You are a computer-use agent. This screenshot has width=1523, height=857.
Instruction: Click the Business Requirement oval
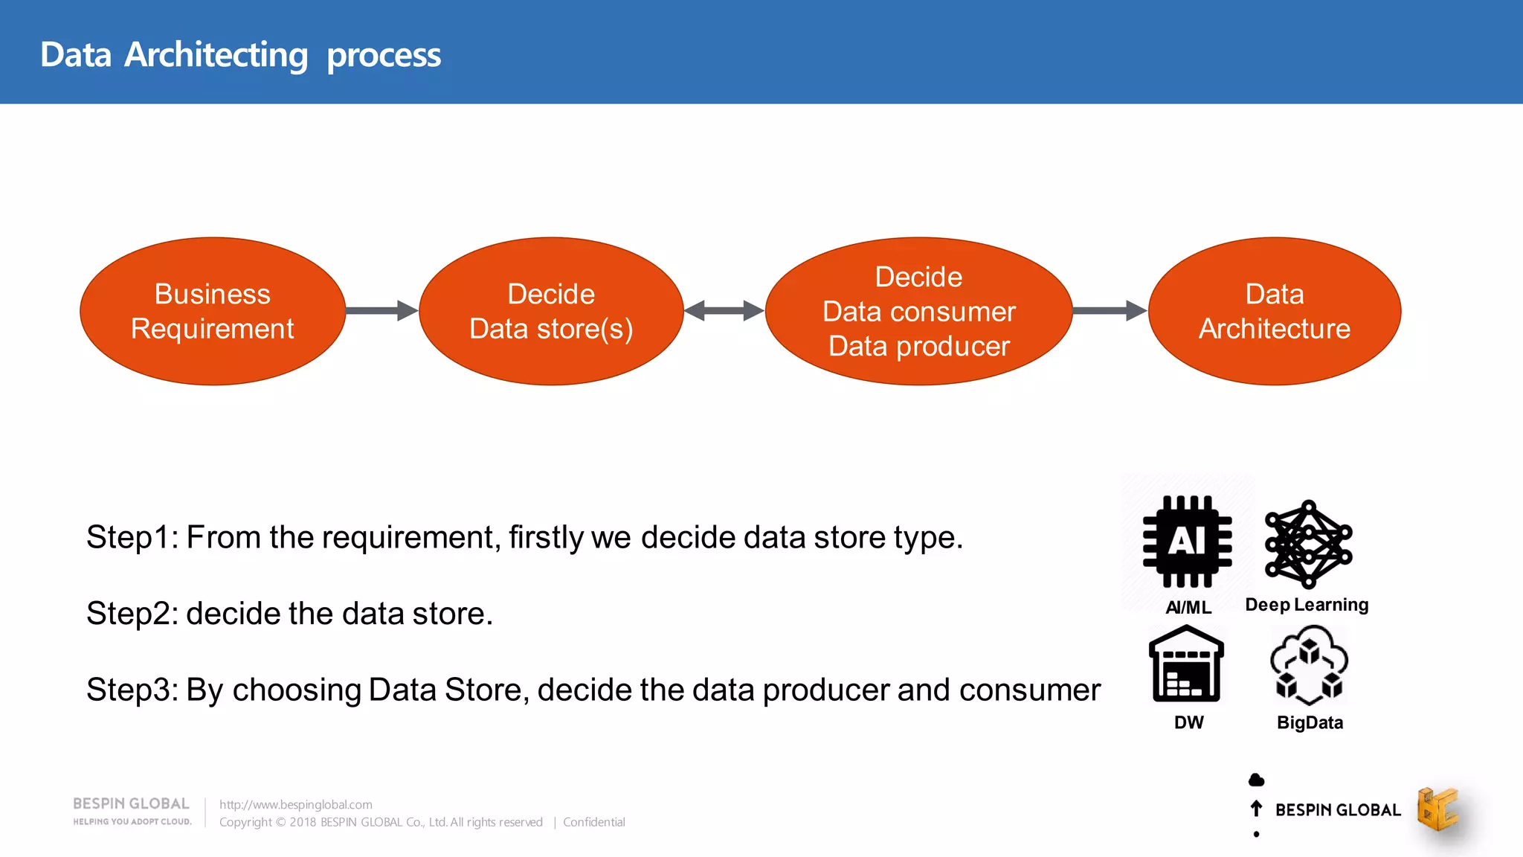click(213, 311)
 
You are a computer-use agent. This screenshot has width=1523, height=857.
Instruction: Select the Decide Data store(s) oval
click(551, 311)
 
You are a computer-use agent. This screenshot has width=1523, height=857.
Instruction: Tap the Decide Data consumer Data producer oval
click(918, 311)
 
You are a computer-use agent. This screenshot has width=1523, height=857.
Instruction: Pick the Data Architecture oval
click(1275, 311)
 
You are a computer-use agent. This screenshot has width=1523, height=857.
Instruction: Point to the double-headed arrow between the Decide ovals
click(724, 310)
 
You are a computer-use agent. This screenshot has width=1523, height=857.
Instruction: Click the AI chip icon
click(1188, 541)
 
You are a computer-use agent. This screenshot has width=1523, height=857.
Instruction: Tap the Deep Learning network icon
click(1308, 544)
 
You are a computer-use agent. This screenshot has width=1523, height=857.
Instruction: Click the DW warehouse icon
click(1187, 664)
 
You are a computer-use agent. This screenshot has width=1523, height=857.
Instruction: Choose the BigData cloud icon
click(1309, 665)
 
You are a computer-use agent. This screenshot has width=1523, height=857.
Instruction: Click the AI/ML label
click(1188, 608)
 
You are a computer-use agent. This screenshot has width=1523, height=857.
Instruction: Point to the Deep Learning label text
click(1307, 605)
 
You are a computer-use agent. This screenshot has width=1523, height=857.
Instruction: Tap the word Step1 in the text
click(129, 537)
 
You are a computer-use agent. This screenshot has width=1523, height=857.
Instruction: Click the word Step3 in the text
click(129, 690)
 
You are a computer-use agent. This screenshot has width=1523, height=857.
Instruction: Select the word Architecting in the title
click(216, 55)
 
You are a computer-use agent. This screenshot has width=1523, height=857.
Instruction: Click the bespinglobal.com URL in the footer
click(295, 804)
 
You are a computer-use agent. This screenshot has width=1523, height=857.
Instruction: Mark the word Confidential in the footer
click(593, 822)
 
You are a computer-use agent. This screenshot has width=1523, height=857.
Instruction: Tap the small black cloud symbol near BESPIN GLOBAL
click(1256, 780)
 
